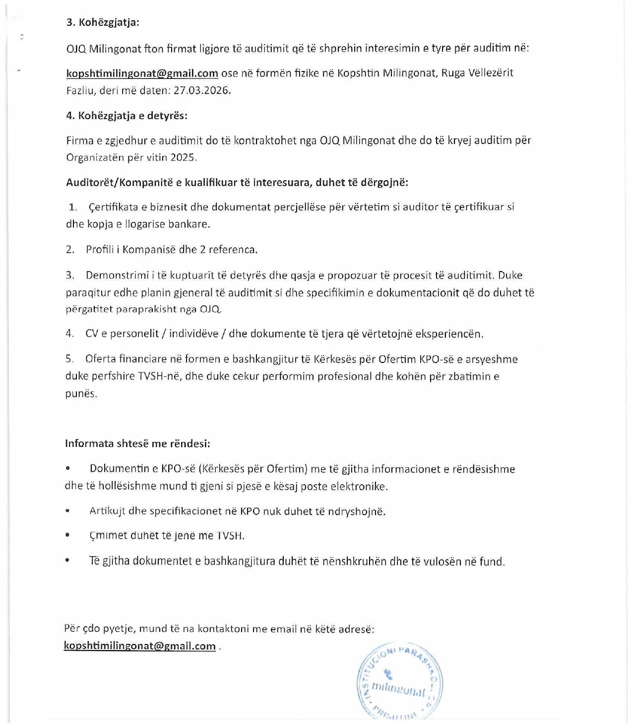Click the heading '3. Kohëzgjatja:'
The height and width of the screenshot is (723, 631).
click(x=103, y=22)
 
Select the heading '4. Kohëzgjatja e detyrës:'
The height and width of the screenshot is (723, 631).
click(x=126, y=116)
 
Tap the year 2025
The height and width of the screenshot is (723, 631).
click(x=183, y=157)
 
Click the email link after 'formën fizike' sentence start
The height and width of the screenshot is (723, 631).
click(x=142, y=73)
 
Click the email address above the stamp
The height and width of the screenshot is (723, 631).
click(x=139, y=646)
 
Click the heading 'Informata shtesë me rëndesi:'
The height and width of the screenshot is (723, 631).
click(x=137, y=443)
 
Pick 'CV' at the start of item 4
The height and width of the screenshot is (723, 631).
click(x=92, y=334)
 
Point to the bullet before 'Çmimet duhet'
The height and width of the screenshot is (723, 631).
click(x=67, y=535)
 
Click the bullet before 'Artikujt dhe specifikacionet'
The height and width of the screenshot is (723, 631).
click(x=67, y=511)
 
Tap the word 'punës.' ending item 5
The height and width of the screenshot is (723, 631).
click(x=81, y=394)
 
